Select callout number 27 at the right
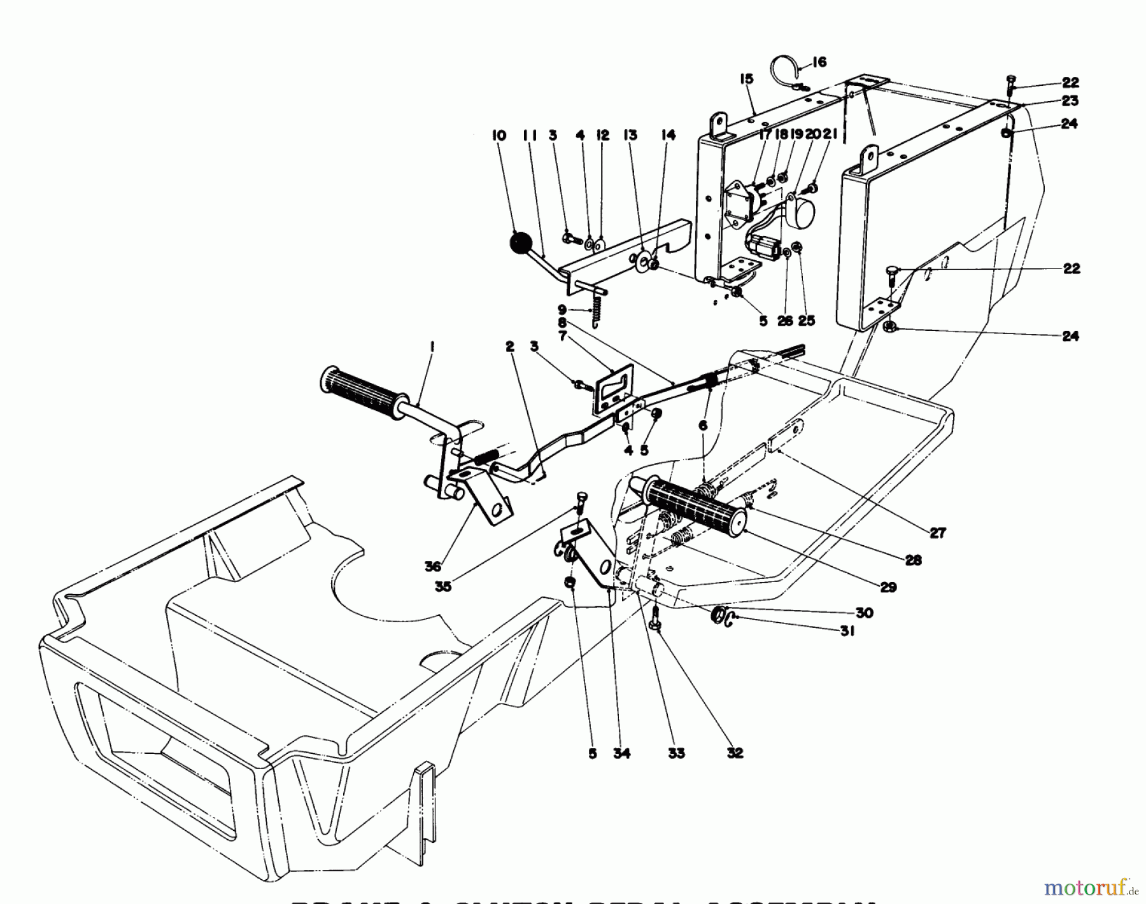pyautogui.click(x=938, y=532)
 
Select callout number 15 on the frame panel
pyautogui.click(x=746, y=79)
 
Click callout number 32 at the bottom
pyautogui.click(x=735, y=753)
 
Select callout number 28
pyautogui.click(x=912, y=560)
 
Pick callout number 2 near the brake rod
pyautogui.click(x=509, y=347)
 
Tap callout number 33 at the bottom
pyautogui.click(x=676, y=753)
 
